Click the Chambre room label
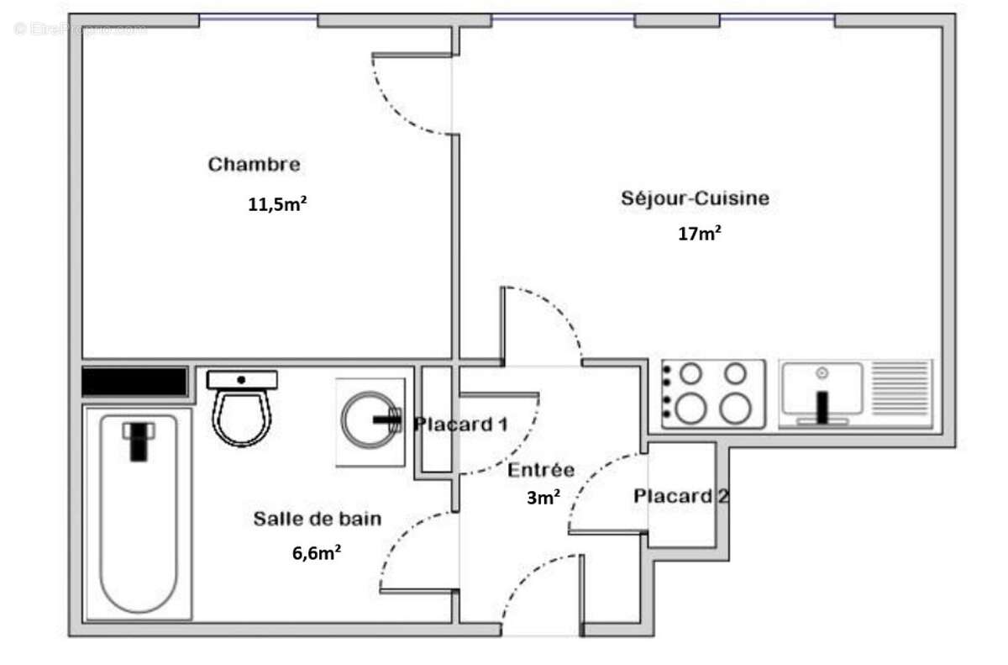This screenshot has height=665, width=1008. tap(254, 164)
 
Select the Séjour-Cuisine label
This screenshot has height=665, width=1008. tap(695, 199)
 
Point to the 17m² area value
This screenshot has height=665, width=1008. tap(700, 235)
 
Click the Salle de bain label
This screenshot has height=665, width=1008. tap(317, 519)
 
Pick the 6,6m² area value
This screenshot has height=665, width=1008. tap(317, 552)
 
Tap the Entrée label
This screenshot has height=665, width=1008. tap(541, 470)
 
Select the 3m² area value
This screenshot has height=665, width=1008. tap(543, 498)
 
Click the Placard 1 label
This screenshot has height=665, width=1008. tap(460, 425)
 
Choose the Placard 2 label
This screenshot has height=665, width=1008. tap(680, 496)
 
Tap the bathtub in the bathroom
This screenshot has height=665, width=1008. tap(139, 513)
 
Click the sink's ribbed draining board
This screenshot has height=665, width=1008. tap(901, 388)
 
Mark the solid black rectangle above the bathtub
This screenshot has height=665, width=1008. tap(134, 382)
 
